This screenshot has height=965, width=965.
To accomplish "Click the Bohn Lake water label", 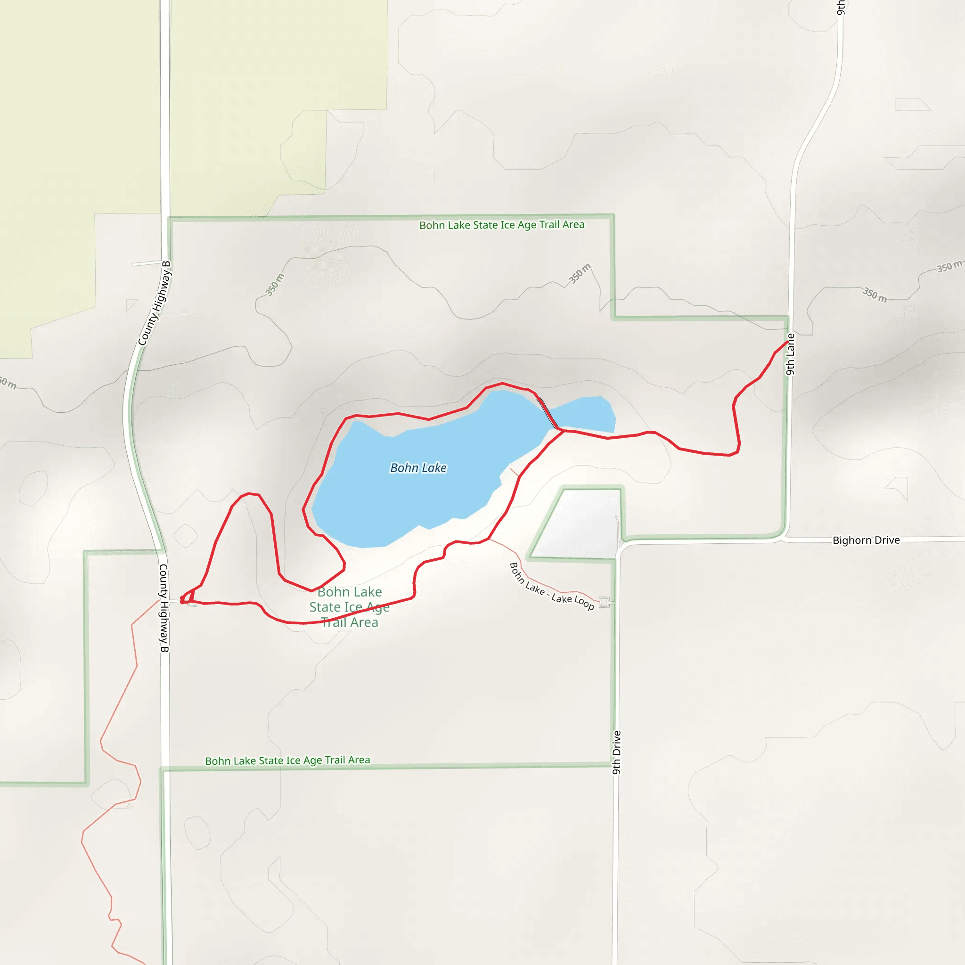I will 418,468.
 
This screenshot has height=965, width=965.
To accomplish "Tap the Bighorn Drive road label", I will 866,540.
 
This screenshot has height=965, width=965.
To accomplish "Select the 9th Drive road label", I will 617,752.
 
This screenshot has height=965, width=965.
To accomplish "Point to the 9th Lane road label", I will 790,354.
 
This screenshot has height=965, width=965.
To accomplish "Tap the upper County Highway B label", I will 155,303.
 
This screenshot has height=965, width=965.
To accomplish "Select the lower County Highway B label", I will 164,608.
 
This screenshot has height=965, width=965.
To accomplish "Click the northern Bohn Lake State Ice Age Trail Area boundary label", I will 501,225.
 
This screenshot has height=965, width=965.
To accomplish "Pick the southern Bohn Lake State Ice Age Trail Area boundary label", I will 288,760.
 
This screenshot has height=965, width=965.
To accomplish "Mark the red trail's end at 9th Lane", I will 788,342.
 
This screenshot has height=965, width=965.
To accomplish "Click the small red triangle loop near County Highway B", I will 188,597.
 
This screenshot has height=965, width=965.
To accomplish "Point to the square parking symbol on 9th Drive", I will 605,602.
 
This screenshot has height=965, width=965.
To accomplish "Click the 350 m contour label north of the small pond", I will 580,273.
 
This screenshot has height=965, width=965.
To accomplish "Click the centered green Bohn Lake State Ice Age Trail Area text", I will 349,607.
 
